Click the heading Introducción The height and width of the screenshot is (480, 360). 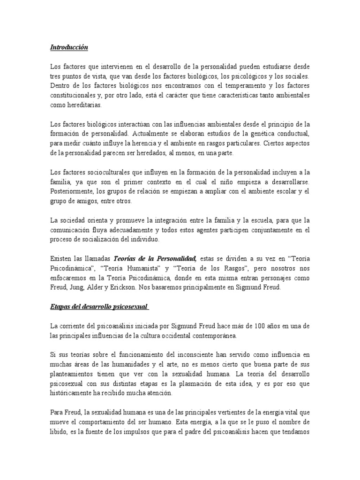(x=69, y=47)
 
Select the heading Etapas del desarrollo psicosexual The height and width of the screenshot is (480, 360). (x=99, y=307)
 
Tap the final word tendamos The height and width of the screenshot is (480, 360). (x=294, y=432)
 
